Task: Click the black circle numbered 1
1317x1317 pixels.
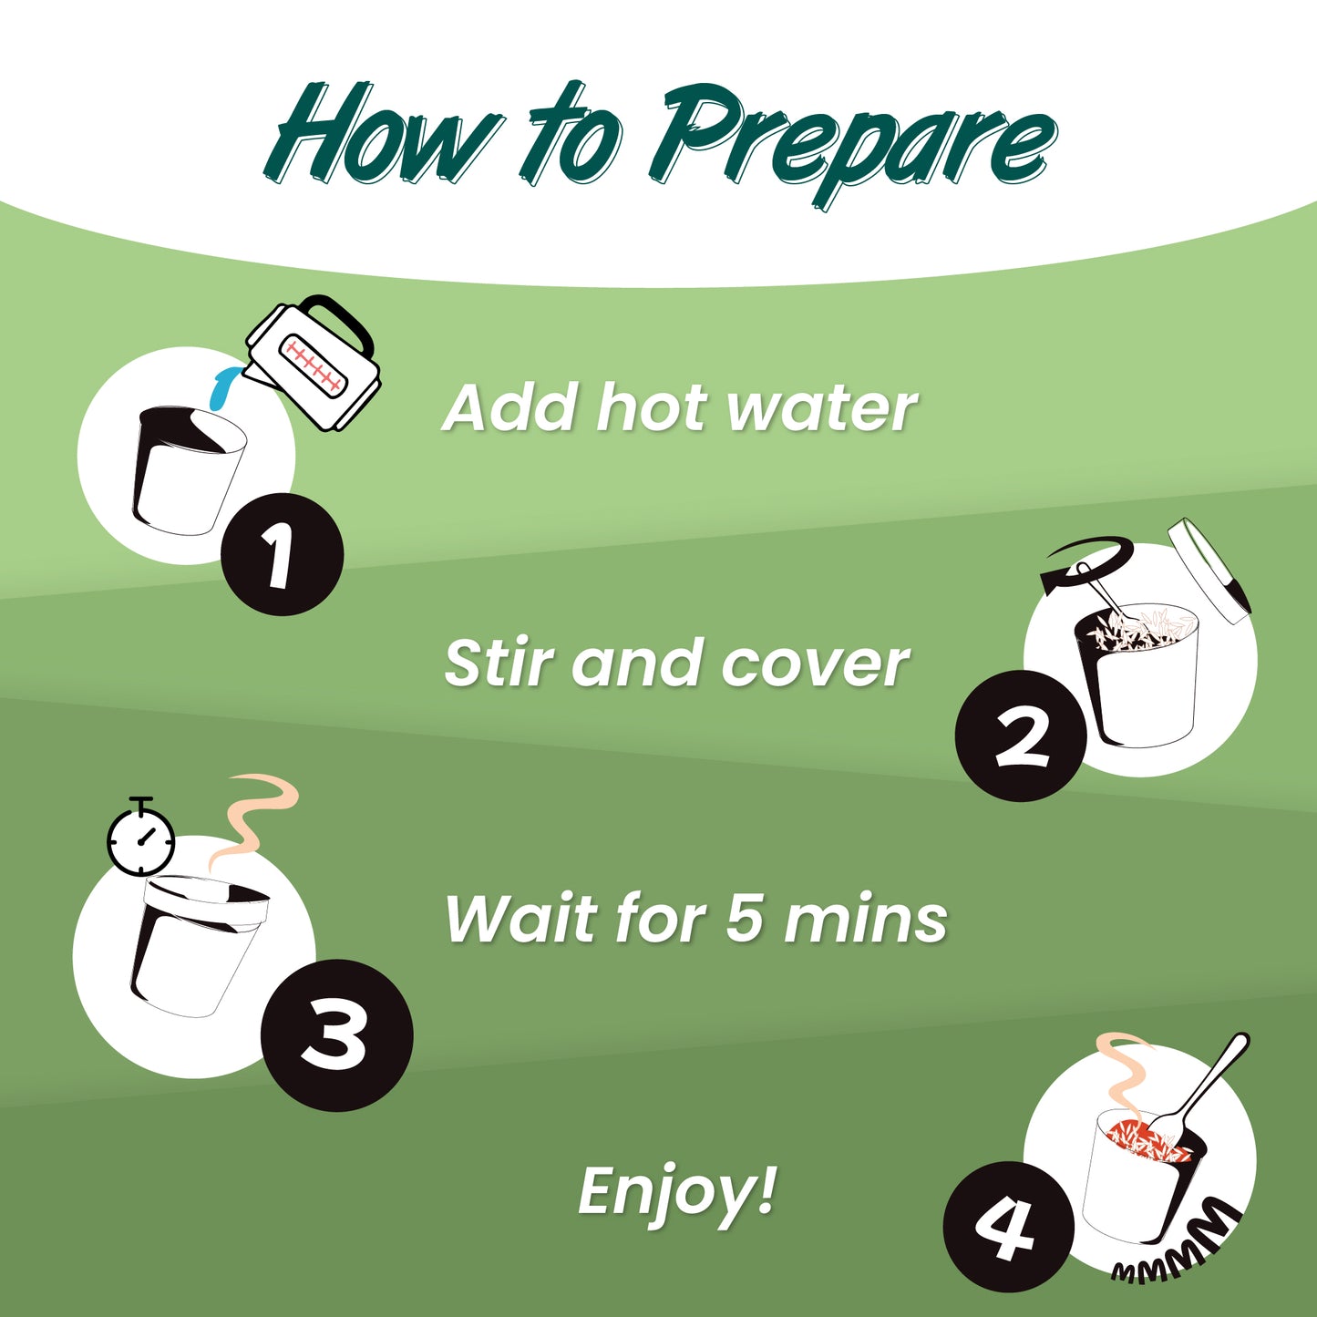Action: [282, 554]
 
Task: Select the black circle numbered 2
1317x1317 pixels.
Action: [1021, 735]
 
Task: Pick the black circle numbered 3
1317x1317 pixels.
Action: [336, 1034]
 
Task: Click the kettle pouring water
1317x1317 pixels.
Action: [313, 363]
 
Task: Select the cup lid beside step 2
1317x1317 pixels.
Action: [1209, 571]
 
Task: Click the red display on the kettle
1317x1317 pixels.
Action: [312, 365]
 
